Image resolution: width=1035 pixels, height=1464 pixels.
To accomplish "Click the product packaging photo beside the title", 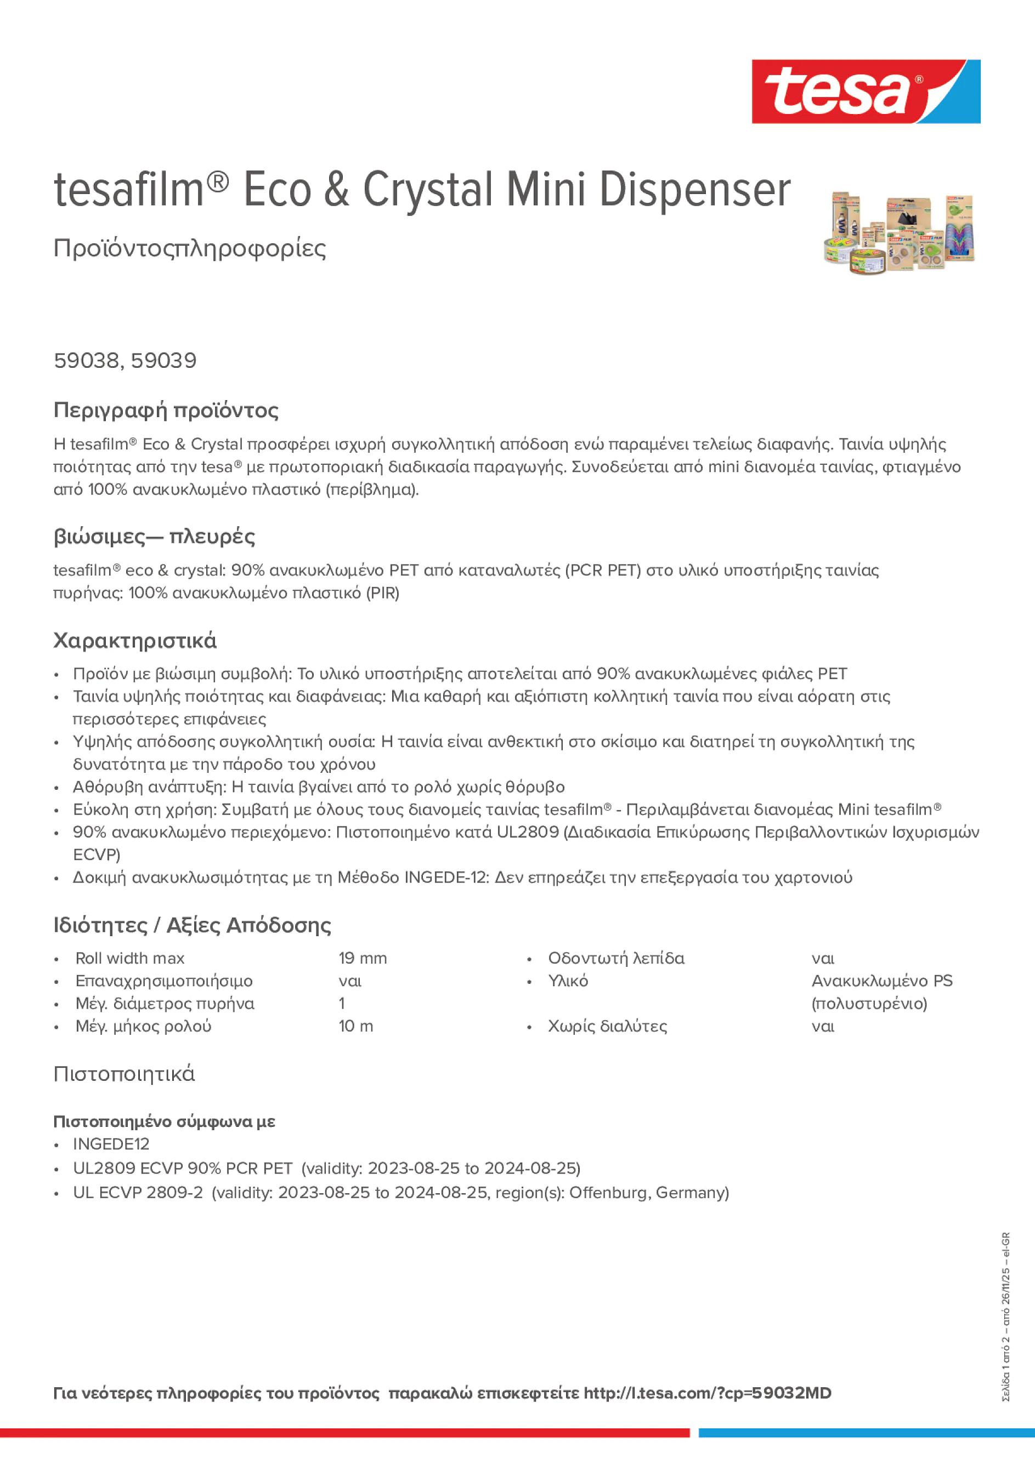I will (899, 233).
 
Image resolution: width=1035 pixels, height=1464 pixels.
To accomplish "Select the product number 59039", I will (164, 361).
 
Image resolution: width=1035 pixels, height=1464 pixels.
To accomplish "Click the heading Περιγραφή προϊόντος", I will (166, 410).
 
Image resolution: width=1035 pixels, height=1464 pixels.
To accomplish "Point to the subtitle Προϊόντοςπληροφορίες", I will (190, 248).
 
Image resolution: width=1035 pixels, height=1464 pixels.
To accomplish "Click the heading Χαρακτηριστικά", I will (134, 640).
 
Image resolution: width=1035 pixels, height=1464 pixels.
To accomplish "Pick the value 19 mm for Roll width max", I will (363, 958).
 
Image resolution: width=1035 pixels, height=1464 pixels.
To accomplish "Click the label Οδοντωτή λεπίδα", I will (616, 958).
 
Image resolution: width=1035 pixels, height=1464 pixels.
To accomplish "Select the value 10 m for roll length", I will (355, 1026).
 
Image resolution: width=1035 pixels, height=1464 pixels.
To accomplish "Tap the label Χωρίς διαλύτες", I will (607, 1026).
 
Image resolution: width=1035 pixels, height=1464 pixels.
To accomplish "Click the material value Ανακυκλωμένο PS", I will (881, 981).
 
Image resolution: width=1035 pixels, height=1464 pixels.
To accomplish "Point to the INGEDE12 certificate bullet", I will (111, 1144).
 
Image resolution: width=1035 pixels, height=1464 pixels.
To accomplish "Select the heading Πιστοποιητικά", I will (124, 1074).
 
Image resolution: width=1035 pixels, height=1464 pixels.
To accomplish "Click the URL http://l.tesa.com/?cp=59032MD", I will (707, 1393).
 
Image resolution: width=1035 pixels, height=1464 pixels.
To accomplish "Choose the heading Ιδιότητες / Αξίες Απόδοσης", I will (192, 925).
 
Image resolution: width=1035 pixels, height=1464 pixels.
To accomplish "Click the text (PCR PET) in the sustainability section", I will (602, 570).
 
